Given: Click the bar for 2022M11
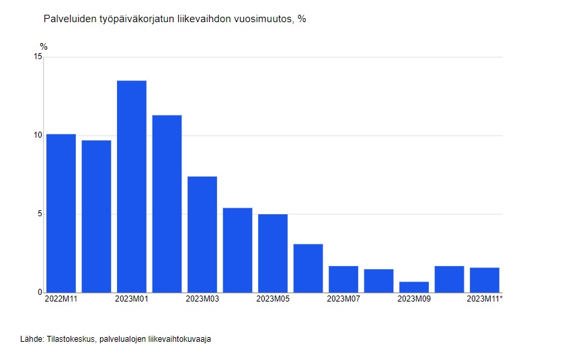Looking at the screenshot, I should pos(61,213).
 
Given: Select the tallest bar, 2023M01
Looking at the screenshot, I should pos(132,186).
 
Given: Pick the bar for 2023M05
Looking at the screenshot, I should pos(273,253).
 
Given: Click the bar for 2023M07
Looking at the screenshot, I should pos(343,279).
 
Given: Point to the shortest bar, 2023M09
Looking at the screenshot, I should pos(414,287).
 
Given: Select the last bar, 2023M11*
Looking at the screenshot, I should pos(485,279).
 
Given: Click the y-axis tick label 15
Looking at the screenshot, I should pos(38,57).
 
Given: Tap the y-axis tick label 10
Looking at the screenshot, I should pos(38,136).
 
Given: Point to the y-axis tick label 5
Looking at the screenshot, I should pos(40,214).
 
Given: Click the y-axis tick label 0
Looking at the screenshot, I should pos(40,293).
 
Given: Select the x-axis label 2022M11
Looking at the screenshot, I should pos(61,299).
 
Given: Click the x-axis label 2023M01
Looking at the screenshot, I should pos(132,299).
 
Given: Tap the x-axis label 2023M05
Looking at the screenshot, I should pos(273,299).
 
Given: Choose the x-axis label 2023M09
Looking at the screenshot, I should pos(414,299).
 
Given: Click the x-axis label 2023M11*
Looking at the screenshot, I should pos(485,299).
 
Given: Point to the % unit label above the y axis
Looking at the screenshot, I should pos(44,46).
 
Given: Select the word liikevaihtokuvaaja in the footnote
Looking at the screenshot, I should pos(179,340).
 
